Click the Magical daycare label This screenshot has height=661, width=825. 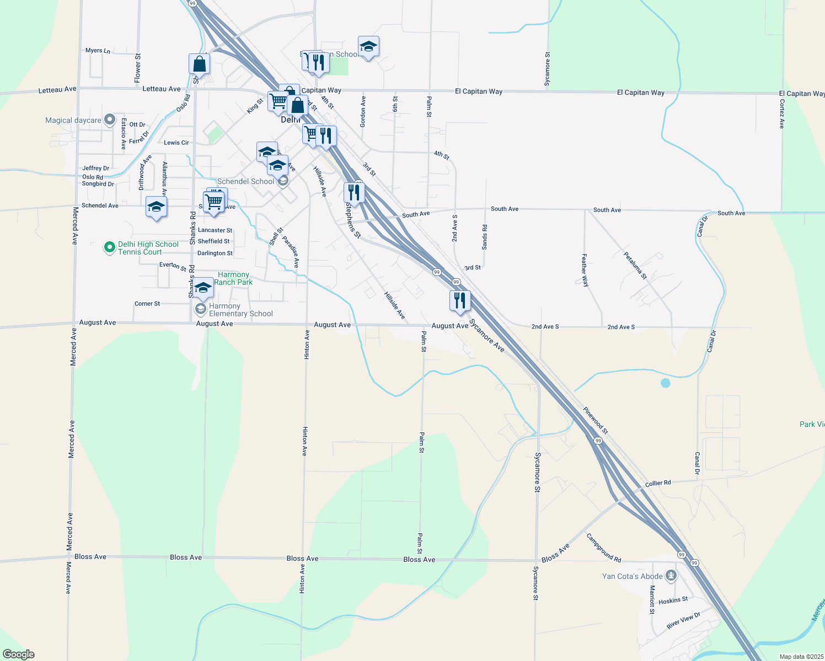coord(73,120)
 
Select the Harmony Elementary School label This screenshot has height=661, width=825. coord(240,310)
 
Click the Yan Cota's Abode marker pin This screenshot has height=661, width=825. coord(671,576)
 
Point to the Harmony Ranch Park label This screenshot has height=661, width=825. coord(233,278)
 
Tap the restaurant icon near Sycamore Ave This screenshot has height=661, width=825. coord(460,301)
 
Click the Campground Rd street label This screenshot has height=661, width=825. coord(603,548)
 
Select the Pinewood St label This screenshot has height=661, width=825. coord(596,420)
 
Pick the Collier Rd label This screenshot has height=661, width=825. coord(658,483)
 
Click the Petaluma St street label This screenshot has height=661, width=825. coord(635,265)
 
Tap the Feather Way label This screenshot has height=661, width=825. coord(585,270)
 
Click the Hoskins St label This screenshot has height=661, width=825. coord(673,600)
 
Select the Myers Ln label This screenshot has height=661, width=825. coord(98,51)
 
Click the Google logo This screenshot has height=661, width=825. coord(18,654)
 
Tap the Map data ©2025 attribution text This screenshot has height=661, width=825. coord(801,657)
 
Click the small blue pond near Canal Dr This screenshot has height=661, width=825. coord(666,383)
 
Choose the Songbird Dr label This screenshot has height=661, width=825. coord(98,184)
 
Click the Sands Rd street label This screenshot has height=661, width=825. coord(485,237)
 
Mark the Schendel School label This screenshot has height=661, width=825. coord(245,181)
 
